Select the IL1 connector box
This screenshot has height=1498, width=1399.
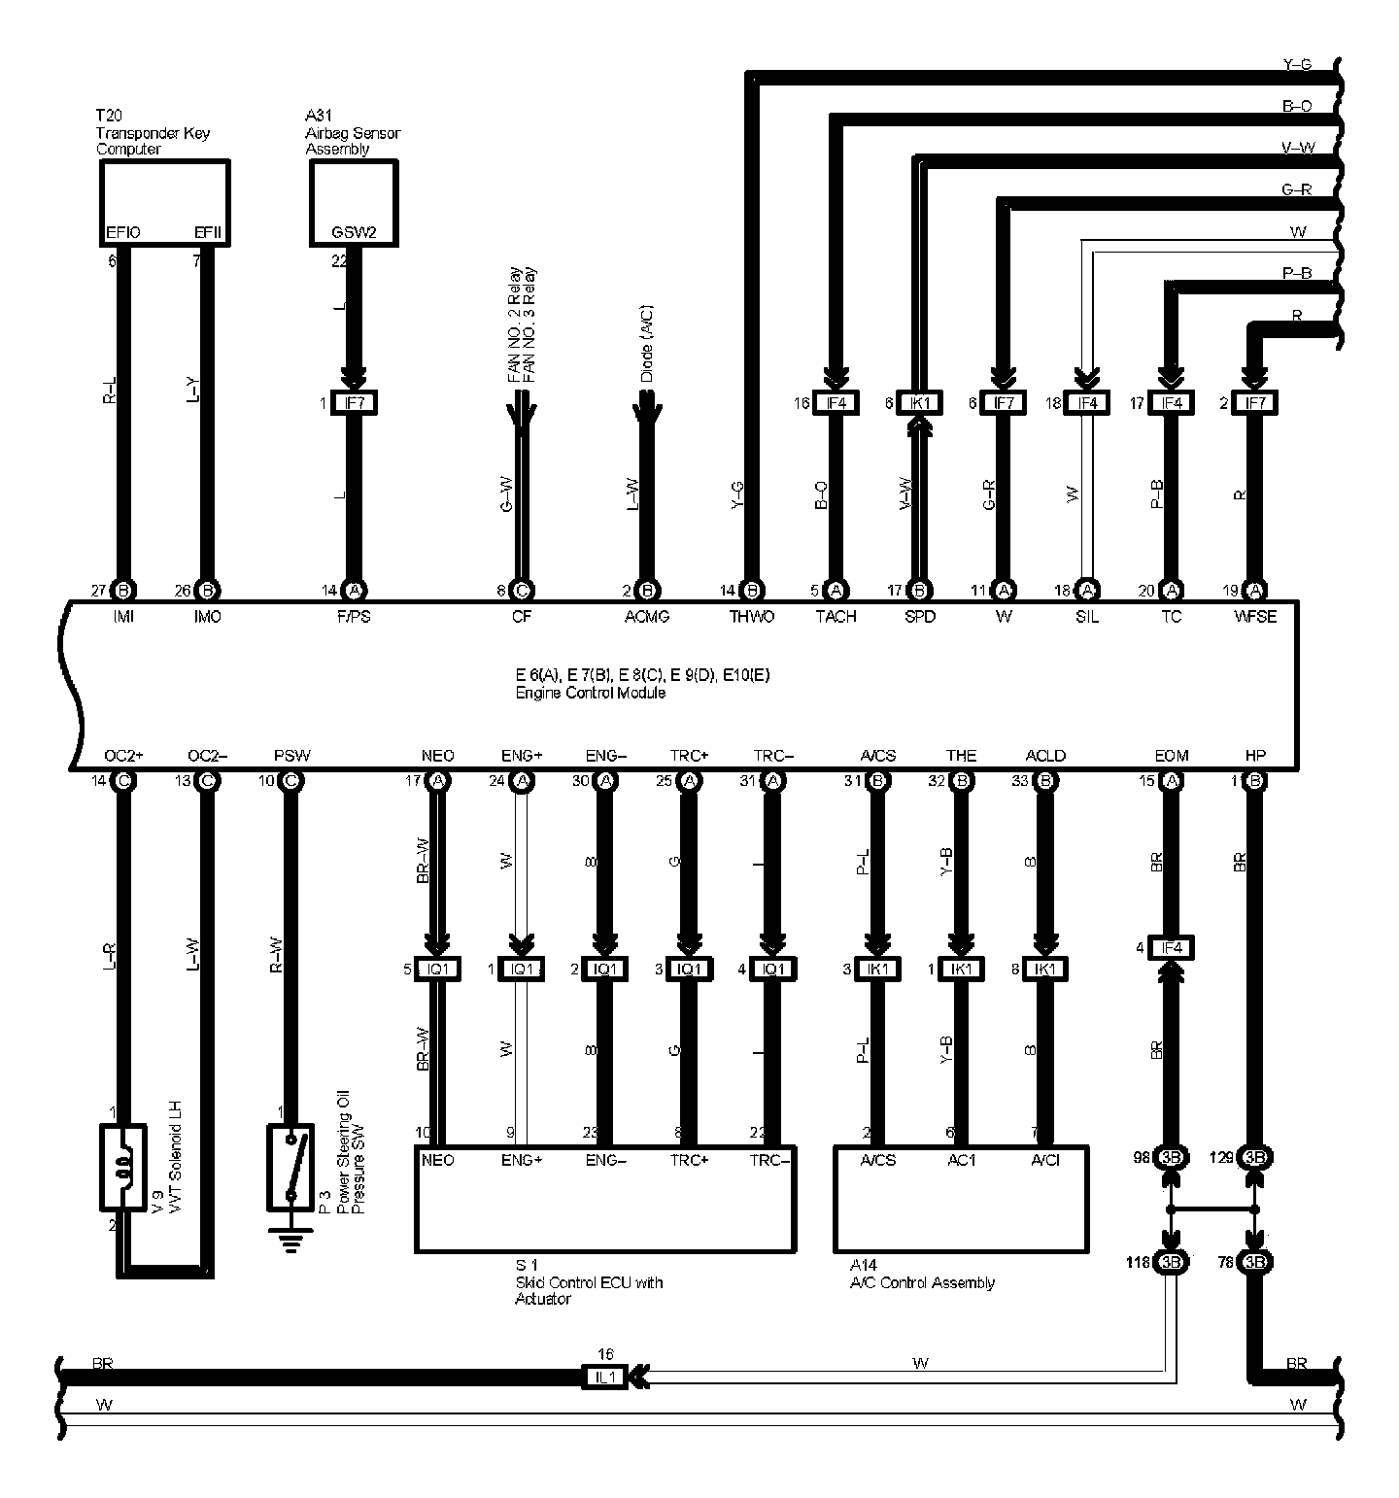point(605,1377)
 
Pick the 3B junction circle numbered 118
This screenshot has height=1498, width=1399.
point(1172,1263)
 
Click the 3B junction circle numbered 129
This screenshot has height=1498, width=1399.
point(1254,1158)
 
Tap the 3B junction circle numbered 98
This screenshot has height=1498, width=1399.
point(1172,1158)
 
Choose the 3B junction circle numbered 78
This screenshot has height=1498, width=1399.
point(1254,1263)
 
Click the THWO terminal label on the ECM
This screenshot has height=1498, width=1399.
point(752,617)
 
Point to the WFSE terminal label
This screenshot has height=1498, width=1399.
point(1254,617)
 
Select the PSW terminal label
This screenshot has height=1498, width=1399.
point(291,756)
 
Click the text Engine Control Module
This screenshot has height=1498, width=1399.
point(590,693)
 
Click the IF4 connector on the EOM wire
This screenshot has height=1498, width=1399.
point(1172,948)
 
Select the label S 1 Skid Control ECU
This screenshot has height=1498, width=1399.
point(588,1282)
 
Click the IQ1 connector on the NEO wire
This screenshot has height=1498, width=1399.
point(437,969)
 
